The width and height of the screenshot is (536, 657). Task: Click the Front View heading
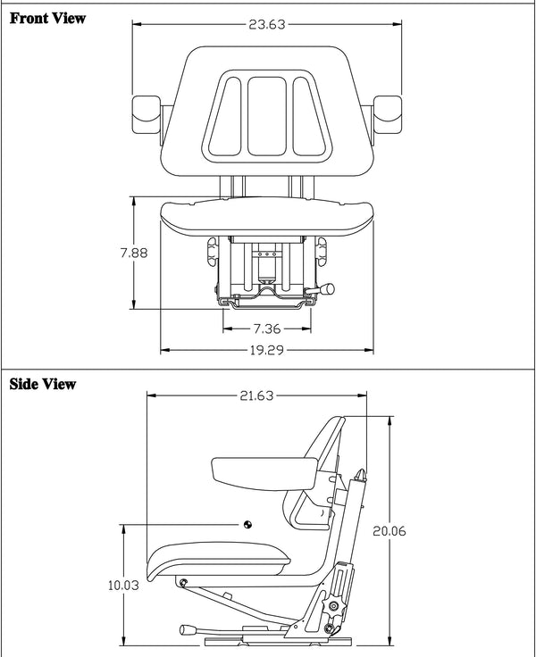click(x=47, y=19)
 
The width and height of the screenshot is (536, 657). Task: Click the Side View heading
click(x=42, y=385)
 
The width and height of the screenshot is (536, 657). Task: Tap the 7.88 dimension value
click(x=134, y=253)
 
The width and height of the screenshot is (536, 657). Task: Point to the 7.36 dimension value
click(x=266, y=328)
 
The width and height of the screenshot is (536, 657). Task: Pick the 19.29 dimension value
click(x=266, y=350)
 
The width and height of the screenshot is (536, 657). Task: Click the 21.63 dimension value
click(x=256, y=396)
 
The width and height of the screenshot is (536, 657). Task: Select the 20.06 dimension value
click(x=389, y=530)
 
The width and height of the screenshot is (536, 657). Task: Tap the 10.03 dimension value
click(x=122, y=586)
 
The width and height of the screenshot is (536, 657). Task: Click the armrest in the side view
click(x=255, y=470)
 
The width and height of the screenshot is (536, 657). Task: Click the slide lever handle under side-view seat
click(x=188, y=630)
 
